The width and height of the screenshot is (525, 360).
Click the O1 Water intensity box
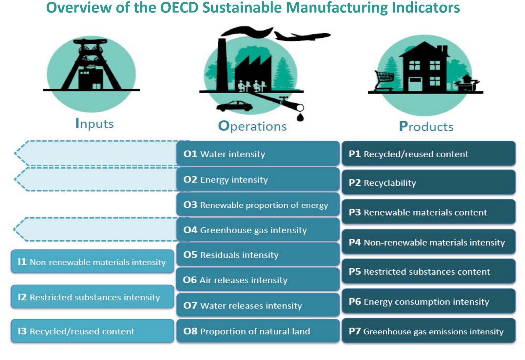(258, 154)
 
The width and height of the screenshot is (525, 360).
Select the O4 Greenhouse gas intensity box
(258, 230)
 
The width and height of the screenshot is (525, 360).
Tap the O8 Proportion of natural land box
(258, 331)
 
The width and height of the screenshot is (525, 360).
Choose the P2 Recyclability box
(428, 182)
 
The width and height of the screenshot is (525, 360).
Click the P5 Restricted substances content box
(428, 271)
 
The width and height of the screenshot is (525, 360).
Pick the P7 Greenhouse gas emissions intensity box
(428, 331)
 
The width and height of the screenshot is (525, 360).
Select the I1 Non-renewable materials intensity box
(92, 262)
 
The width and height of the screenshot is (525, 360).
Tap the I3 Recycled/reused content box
(92, 331)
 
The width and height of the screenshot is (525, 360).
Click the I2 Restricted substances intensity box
(92, 297)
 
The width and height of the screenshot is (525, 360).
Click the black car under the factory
(234, 106)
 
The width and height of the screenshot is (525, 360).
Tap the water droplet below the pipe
(300, 117)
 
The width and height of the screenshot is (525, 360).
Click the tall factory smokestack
(222, 64)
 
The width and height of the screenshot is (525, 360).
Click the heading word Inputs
(94, 124)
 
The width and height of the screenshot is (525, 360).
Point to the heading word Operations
(252, 126)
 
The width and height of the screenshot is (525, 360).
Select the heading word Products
(426, 127)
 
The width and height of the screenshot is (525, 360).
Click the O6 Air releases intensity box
(258, 280)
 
